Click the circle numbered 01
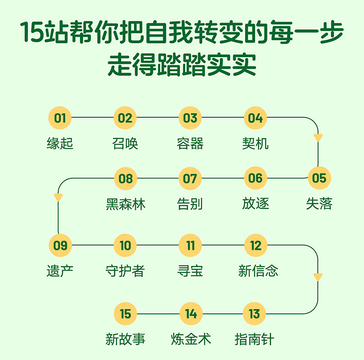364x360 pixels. coord(60,118)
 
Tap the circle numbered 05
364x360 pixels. coord(319,178)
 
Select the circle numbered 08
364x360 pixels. coord(126,178)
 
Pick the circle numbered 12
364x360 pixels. coord(256,245)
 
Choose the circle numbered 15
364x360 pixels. coord(125,314)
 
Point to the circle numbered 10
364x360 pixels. coord(125,245)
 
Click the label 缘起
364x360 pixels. coord(60,143)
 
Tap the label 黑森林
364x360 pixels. coord(126,204)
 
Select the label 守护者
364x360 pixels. coord(125,271)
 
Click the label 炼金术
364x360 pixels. coord(191,339)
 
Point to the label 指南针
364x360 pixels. coord(254,339)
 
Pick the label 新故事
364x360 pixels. coord(125,339)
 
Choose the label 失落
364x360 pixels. coord(319,203)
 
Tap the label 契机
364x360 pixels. coord(255,143)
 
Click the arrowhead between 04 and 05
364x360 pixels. coord(318,137)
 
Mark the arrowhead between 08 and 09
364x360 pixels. coord(58,197)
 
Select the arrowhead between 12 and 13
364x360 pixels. coord(318,277)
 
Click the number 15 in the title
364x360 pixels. coord(32,32)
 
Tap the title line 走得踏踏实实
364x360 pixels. coord(182,65)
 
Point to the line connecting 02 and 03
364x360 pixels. coord(158,118)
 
